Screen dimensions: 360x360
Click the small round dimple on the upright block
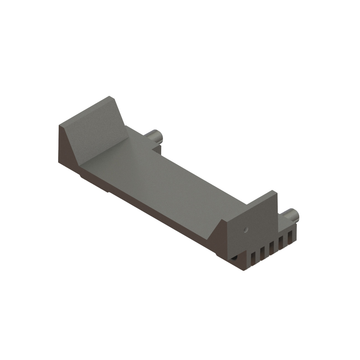click(x=245, y=229)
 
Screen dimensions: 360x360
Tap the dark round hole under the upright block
click(x=235, y=258)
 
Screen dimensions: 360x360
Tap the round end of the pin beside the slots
click(x=296, y=214)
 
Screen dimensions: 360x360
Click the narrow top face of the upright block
click(x=260, y=198)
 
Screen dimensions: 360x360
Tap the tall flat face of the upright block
click(x=252, y=222)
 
